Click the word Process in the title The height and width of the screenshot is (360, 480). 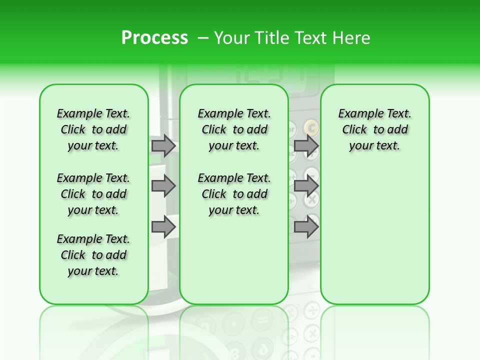pyautogui.click(x=154, y=38)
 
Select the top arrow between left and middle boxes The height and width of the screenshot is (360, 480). pyautogui.click(x=163, y=145)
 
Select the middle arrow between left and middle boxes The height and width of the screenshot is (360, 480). pyautogui.click(x=163, y=186)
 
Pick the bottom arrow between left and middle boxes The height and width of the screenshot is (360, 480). pyautogui.click(x=163, y=227)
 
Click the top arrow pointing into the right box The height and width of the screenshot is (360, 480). pyautogui.click(x=305, y=145)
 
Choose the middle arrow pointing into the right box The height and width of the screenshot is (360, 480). pyautogui.click(x=305, y=186)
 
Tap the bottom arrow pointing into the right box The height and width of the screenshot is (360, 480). pyautogui.click(x=305, y=227)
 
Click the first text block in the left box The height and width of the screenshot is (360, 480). pyautogui.click(x=93, y=129)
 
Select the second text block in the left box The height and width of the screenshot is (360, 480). pyautogui.click(x=93, y=194)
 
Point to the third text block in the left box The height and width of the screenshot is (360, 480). pyautogui.click(x=93, y=255)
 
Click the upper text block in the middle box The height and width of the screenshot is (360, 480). pyautogui.click(x=234, y=129)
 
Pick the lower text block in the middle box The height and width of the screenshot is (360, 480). pyautogui.click(x=234, y=194)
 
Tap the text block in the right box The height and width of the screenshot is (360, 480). pyautogui.click(x=375, y=129)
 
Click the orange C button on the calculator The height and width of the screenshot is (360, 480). pyautogui.click(x=311, y=128)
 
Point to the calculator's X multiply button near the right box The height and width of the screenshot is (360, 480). pyautogui.click(x=311, y=199)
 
